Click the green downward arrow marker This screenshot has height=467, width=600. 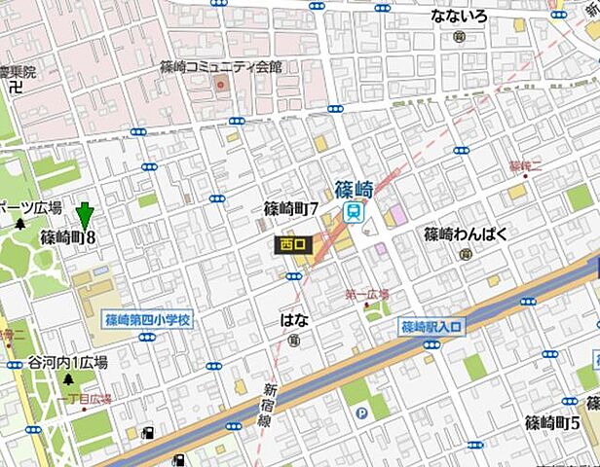pyautogui.click(x=85, y=217)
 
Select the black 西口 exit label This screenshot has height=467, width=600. pyautogui.click(x=292, y=244)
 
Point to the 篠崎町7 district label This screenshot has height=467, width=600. pyautogui.click(x=291, y=208)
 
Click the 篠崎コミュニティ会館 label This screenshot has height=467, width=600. pyautogui.click(x=220, y=66)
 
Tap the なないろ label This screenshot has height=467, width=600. pyautogui.click(x=458, y=16)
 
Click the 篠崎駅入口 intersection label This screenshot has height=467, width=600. pyautogui.click(x=433, y=327)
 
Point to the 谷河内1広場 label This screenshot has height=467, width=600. pyautogui.click(x=66, y=361)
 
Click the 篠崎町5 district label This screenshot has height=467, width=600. pyautogui.click(x=552, y=422)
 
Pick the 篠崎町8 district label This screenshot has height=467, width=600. pyautogui.click(x=67, y=236)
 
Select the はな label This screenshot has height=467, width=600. pyautogui.click(x=294, y=318)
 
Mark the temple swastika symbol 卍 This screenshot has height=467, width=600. pyautogui.click(x=15, y=88)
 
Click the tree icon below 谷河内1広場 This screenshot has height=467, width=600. pyautogui.click(x=67, y=378)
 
